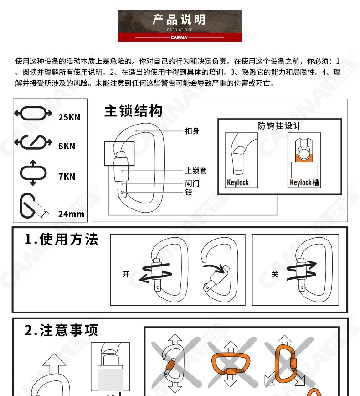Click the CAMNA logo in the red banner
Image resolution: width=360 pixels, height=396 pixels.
[x=179, y=37]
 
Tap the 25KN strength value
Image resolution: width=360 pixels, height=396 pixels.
[x=69, y=117]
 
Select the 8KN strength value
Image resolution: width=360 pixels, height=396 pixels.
[x=67, y=146]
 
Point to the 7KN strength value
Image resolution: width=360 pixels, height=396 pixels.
[x=67, y=177]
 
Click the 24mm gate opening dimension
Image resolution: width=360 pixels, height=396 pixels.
[x=71, y=214]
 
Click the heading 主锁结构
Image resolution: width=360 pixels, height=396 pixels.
[x=133, y=111]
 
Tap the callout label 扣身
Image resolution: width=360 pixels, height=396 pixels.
[x=192, y=131]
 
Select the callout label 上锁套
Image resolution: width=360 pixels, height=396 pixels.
[x=196, y=171]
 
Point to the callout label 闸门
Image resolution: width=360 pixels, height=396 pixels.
[x=192, y=183]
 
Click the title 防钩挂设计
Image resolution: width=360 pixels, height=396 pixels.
[x=279, y=126]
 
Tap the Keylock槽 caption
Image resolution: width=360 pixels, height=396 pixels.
[x=304, y=182]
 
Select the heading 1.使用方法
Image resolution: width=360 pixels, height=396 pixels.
[x=62, y=239]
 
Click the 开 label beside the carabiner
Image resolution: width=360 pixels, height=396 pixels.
[x=126, y=274]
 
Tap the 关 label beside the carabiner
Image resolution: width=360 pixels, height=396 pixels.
[x=275, y=274]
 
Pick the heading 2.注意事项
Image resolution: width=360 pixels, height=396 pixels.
[x=62, y=330]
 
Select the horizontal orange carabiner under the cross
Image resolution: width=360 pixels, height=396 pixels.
[x=231, y=364]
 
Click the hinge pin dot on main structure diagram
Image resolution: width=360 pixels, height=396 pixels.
[x=123, y=193]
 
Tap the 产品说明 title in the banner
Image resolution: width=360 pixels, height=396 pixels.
[x=179, y=20]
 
